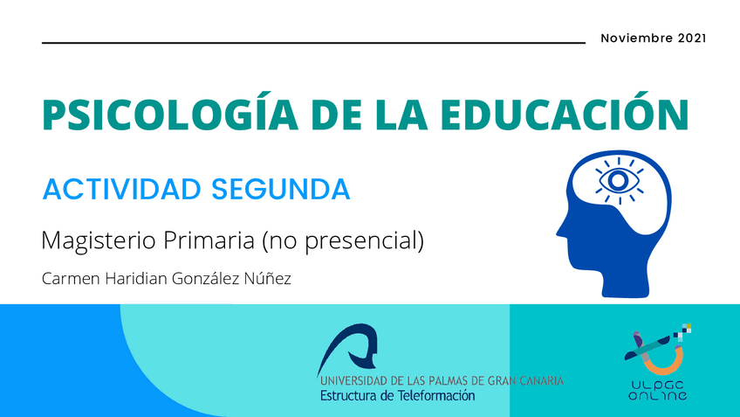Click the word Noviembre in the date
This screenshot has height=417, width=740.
point(636,38)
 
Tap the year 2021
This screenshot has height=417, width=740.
point(691,38)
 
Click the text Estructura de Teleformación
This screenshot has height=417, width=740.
point(397,395)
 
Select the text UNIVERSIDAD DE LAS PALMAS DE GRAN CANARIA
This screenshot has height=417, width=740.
point(442,381)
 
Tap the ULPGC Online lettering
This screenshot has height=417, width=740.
point(657,389)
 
